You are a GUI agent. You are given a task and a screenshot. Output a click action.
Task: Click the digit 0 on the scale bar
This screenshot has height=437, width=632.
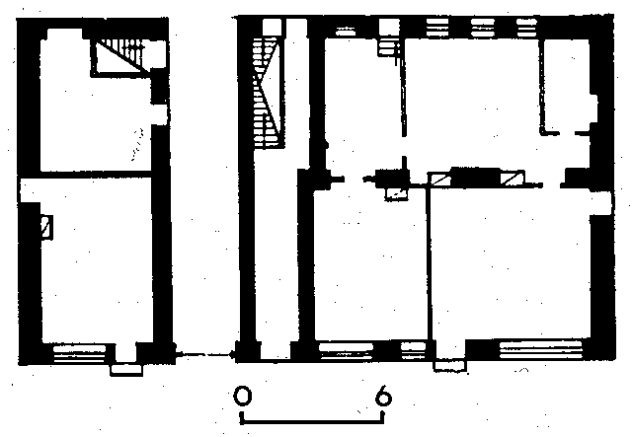(243, 396)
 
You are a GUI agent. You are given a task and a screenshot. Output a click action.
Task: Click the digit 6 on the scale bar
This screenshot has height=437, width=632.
(383, 396)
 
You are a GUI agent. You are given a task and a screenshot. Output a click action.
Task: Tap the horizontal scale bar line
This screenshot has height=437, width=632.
(312, 421)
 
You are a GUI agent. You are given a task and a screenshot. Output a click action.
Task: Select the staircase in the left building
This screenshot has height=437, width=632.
(119, 56)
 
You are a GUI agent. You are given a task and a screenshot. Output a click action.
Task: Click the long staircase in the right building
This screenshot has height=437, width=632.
(266, 92)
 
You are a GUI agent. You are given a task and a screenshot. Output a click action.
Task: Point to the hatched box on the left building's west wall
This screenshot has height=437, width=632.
(46, 227)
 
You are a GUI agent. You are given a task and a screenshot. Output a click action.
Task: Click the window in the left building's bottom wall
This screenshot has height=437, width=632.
(79, 353)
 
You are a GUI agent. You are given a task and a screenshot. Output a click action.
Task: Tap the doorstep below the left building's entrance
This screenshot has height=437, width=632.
(126, 369)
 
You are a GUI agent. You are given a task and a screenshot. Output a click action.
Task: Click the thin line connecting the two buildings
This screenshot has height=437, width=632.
(204, 354)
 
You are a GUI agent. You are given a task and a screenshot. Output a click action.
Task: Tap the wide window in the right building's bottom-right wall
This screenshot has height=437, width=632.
(540, 350)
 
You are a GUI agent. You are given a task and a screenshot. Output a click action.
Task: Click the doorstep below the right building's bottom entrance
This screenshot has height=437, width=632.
(450, 365)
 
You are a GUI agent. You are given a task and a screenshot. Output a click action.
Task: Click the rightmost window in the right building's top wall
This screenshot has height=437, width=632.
(526, 28)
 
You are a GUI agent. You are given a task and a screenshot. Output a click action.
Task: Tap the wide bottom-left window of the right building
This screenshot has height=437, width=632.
(347, 351)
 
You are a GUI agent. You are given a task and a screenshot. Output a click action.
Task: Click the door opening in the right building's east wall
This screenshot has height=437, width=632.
(600, 203)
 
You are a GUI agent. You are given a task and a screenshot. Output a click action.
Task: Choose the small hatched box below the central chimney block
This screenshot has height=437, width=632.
(396, 193)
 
